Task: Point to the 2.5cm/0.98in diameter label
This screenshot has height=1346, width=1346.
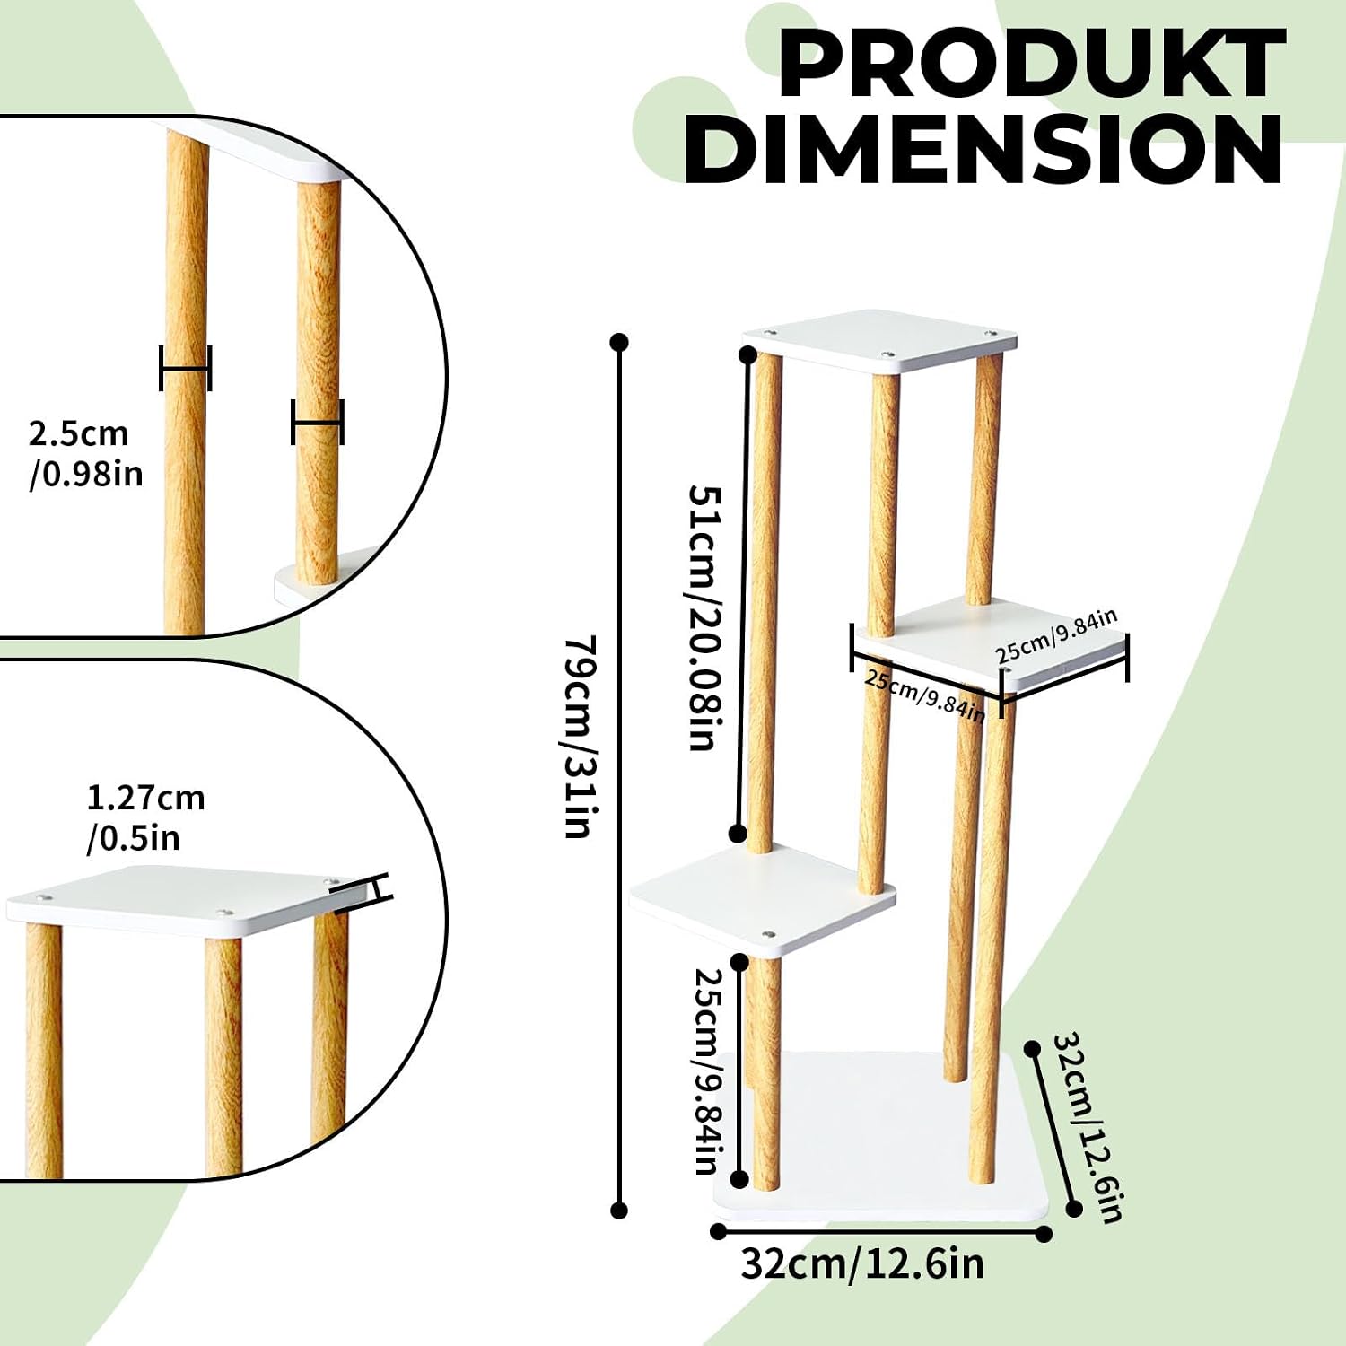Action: click(85, 453)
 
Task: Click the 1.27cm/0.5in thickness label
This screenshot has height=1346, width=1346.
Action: click(145, 817)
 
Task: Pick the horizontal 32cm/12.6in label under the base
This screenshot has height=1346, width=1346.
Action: click(862, 1263)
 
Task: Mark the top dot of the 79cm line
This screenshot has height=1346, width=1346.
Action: click(618, 342)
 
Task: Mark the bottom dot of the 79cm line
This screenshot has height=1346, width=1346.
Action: click(618, 1211)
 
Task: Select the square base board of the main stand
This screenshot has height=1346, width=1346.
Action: click(882, 1134)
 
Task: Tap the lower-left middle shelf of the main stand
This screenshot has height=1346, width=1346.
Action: click(762, 897)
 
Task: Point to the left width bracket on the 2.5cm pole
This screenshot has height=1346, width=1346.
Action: click(185, 368)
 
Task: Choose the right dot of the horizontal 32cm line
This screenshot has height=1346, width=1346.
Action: click(1044, 1234)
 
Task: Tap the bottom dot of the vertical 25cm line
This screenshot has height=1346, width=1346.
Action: click(740, 1179)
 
